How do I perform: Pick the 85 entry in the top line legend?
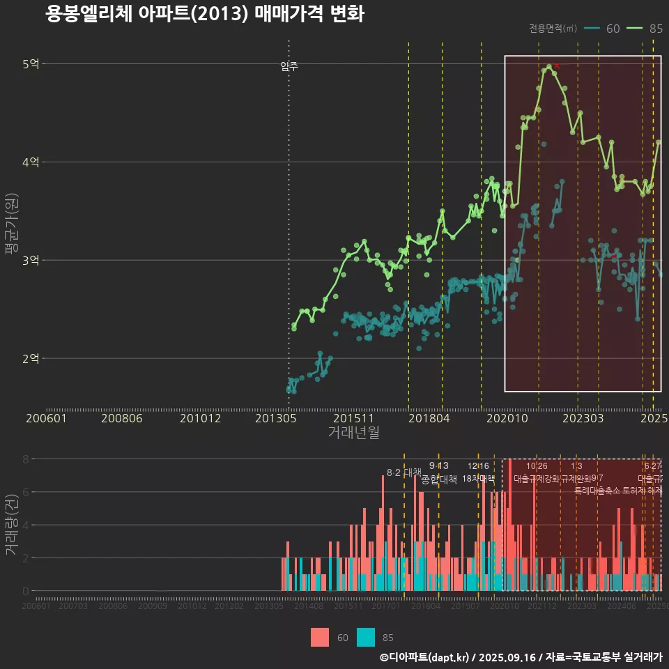(x=645, y=29)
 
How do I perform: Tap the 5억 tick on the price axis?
(x=31, y=64)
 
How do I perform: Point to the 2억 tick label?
(x=31, y=358)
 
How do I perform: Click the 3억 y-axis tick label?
(x=31, y=260)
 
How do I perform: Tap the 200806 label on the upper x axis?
(x=121, y=418)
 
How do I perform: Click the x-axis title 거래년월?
(x=353, y=432)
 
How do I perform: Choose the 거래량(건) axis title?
(x=10, y=525)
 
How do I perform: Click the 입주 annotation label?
(x=289, y=66)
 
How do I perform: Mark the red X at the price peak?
(x=557, y=66)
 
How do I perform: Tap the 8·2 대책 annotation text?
(x=403, y=472)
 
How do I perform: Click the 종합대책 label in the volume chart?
(x=439, y=479)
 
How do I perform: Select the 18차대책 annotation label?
(x=478, y=478)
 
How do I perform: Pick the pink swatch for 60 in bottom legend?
(x=320, y=637)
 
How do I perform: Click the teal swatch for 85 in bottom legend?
(x=366, y=637)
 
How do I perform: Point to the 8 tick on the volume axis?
(x=25, y=459)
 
